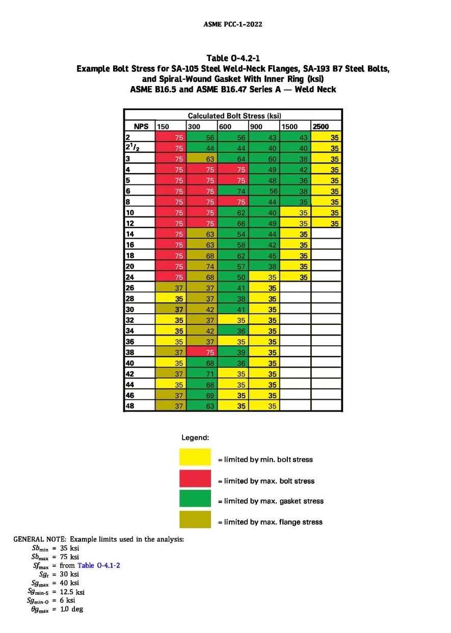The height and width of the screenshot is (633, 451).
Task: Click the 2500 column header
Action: [326, 126]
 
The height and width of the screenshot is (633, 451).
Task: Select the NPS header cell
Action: [140, 126]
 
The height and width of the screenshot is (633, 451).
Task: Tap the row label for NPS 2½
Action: [140, 147]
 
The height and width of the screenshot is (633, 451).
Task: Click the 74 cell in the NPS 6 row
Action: [233, 191]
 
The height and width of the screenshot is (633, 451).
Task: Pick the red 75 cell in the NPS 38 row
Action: [202, 352]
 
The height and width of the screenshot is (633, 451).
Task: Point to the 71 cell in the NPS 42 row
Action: [202, 374]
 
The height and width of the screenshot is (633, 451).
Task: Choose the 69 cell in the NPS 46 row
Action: [202, 395]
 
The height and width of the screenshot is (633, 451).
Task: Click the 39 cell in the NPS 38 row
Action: [233, 352]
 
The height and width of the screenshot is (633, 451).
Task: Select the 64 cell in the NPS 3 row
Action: [233, 158]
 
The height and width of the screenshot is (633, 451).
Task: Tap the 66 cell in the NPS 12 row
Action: [233, 223]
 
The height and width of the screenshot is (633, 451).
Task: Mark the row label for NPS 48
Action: [140, 405]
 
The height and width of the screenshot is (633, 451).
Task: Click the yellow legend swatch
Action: [195, 457]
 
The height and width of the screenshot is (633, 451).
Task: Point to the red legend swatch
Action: [195, 478]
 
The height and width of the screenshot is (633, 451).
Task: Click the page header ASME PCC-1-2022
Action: [233, 24]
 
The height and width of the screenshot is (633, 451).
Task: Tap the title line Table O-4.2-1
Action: [233, 58]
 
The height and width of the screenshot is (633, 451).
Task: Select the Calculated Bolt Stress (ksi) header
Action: [234, 116]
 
